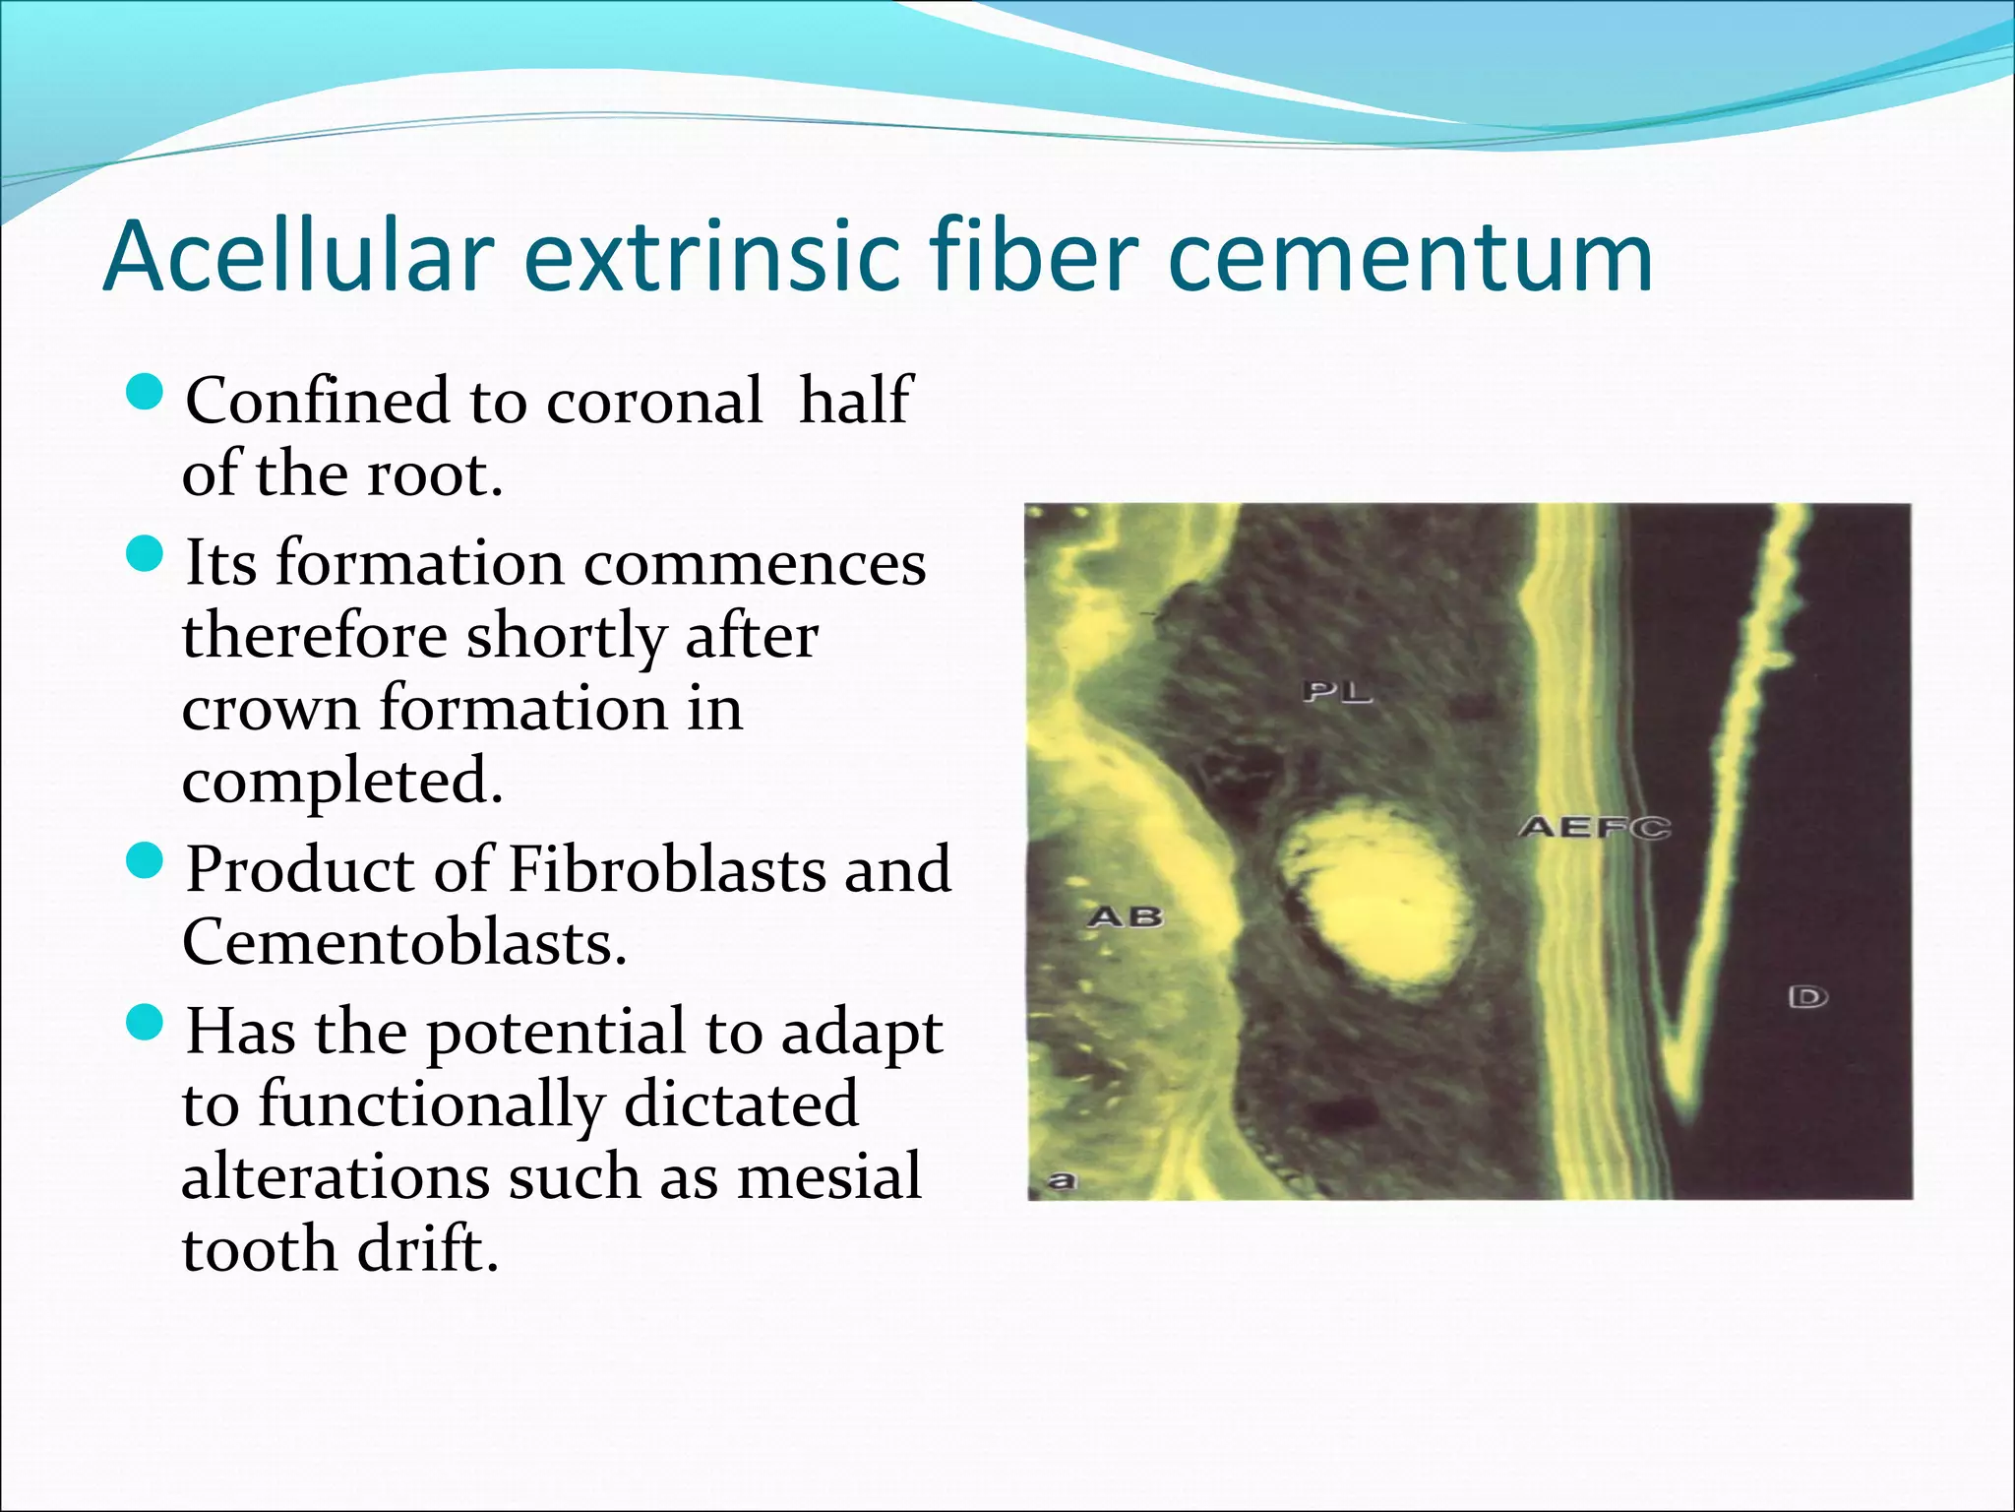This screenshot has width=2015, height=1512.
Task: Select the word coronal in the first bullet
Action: [x=653, y=402]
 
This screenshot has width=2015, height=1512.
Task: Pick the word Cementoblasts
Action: [x=403, y=942]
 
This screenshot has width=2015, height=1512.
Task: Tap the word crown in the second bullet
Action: [x=271, y=709]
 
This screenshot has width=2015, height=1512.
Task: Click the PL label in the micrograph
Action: [x=1336, y=692]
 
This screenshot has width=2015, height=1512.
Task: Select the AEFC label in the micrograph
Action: [x=1594, y=827]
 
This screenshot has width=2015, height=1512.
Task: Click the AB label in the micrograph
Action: [x=1126, y=917]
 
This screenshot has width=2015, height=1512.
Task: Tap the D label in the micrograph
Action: [x=1807, y=997]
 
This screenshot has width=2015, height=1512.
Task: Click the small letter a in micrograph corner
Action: [x=1062, y=1179]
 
